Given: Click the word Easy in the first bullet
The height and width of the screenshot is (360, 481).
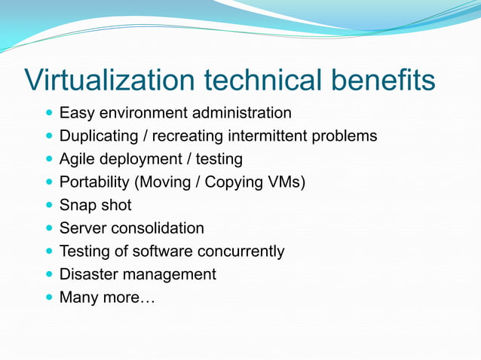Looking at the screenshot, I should [75, 114].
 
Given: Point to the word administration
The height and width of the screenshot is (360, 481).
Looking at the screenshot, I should [240, 113].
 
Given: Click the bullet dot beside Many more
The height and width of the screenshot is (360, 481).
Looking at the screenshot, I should [50, 297].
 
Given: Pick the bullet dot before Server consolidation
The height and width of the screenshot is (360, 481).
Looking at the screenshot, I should [50, 228].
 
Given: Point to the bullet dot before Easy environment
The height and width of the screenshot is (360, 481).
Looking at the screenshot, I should [50, 114].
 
